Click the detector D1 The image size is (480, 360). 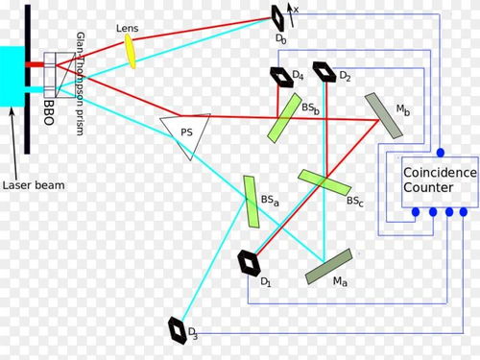pyautogui.click(x=252, y=261)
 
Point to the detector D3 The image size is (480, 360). pyautogui.click(x=180, y=328)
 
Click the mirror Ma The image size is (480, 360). pyautogui.click(x=328, y=266)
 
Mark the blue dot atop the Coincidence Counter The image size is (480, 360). pyautogui.click(x=440, y=153)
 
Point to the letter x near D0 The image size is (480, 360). pyautogui.click(x=298, y=10)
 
